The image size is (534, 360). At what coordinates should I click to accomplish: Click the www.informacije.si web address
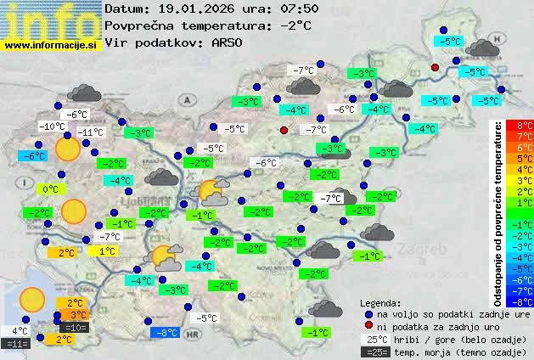tap(50, 45)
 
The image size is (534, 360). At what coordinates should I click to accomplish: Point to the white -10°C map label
tap(52, 127)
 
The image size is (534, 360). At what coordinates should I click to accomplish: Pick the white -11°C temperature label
tap(90, 132)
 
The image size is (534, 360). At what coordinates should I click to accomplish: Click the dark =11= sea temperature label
tap(16, 344)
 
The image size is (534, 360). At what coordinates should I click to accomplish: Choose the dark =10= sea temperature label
tap(75, 327)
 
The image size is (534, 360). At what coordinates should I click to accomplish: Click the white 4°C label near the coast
tap(20, 331)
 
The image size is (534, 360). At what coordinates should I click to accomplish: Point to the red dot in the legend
tap(368, 326)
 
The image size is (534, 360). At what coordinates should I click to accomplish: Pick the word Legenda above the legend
tap(380, 302)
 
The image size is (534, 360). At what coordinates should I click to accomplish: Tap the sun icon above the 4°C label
tap(32, 299)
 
